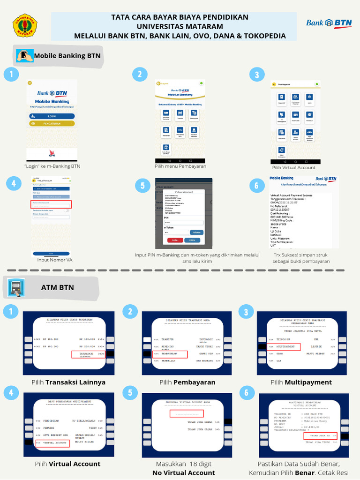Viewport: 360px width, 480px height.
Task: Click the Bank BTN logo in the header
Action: point(329,23)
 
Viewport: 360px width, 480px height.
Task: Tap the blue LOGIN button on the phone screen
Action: point(52,116)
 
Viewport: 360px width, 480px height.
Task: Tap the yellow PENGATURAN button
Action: point(52,124)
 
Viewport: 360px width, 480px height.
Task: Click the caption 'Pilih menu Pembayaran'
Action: point(180,166)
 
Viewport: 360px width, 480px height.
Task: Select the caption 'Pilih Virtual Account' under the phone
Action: point(293,167)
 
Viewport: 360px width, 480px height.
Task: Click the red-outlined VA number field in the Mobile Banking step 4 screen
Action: point(52,204)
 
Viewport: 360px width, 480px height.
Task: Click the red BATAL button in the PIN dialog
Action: point(175,240)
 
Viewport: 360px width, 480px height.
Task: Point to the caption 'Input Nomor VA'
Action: point(55,259)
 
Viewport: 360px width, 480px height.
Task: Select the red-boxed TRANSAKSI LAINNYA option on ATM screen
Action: point(88,354)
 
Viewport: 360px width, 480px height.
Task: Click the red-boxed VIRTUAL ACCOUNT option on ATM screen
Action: point(52,442)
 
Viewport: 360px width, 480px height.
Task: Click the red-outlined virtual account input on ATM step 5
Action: point(187,413)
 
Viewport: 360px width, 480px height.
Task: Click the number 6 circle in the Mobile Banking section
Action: point(256,185)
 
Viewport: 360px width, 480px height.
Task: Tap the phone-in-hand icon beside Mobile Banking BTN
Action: point(25,55)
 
